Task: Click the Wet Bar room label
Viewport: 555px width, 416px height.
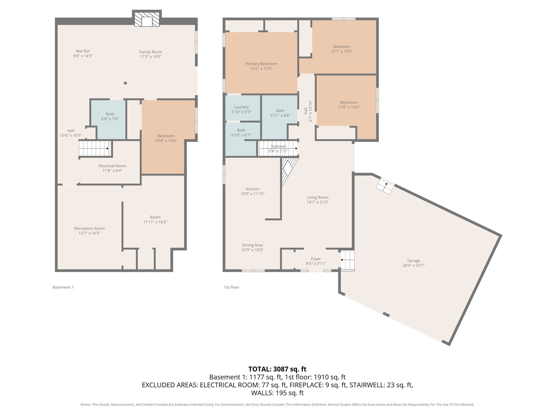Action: (x=83, y=51)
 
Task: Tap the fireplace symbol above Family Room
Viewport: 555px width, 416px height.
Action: (x=147, y=19)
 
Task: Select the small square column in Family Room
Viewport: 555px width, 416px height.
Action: (x=125, y=83)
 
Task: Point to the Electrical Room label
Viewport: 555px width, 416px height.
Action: (x=112, y=166)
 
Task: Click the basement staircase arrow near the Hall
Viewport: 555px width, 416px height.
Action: (x=107, y=148)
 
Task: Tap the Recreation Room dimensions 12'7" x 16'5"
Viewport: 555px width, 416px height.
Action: (x=89, y=233)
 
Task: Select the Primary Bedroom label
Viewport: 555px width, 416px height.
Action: (x=261, y=64)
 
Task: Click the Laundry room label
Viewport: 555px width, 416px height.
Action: (x=241, y=107)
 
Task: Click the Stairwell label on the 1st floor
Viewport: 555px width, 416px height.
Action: (x=278, y=147)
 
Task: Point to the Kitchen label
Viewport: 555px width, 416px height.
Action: (x=253, y=189)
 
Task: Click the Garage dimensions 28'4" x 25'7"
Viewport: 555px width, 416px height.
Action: (x=414, y=266)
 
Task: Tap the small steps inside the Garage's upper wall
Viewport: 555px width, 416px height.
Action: (x=385, y=186)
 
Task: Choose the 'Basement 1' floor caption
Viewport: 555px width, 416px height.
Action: (x=63, y=287)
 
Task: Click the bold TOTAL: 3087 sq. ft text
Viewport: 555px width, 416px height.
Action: (x=277, y=369)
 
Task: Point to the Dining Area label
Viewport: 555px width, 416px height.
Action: (x=252, y=245)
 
